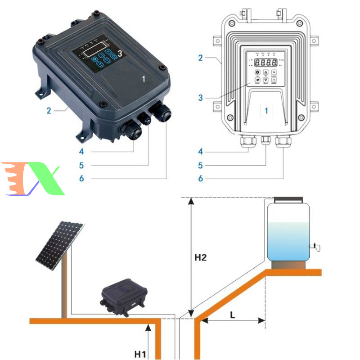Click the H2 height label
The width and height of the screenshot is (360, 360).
click(x=200, y=258)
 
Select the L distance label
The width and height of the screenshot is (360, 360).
click(x=233, y=315)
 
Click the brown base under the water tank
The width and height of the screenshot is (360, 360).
click(x=288, y=265)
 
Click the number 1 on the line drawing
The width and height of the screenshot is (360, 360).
click(x=266, y=110)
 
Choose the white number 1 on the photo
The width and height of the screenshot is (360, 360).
click(x=144, y=79)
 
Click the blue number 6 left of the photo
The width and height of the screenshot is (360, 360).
click(x=81, y=179)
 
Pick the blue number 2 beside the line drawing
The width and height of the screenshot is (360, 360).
click(x=201, y=58)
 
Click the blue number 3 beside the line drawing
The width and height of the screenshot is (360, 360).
click(x=201, y=97)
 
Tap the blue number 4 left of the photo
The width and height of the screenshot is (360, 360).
click(x=81, y=152)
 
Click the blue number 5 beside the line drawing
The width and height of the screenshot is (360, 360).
click(x=201, y=166)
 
